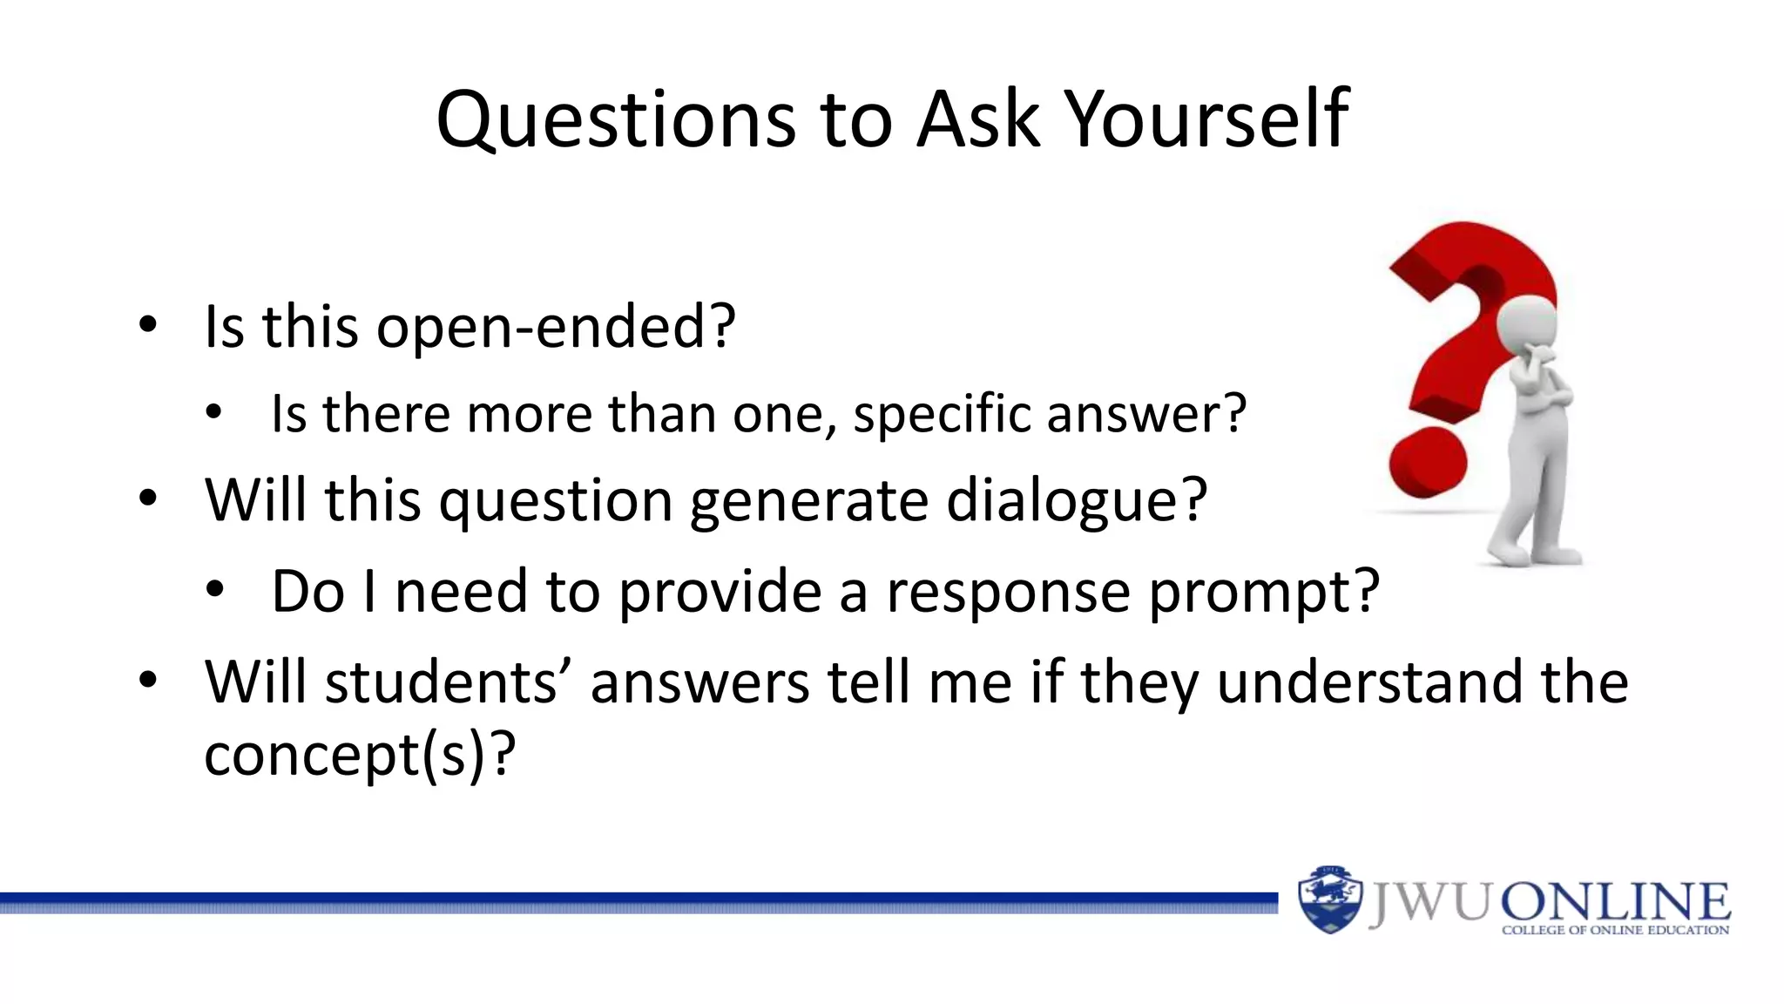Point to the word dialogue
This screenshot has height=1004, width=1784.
(x=1076, y=501)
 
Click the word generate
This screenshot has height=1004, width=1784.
(x=808, y=501)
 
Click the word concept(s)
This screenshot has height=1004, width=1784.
(x=359, y=754)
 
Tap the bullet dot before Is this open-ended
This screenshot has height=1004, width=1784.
(x=148, y=325)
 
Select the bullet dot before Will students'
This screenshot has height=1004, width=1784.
(x=148, y=680)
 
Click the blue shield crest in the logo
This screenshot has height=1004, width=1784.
(x=1329, y=899)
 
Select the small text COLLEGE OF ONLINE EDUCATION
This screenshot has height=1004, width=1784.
(x=1615, y=931)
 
